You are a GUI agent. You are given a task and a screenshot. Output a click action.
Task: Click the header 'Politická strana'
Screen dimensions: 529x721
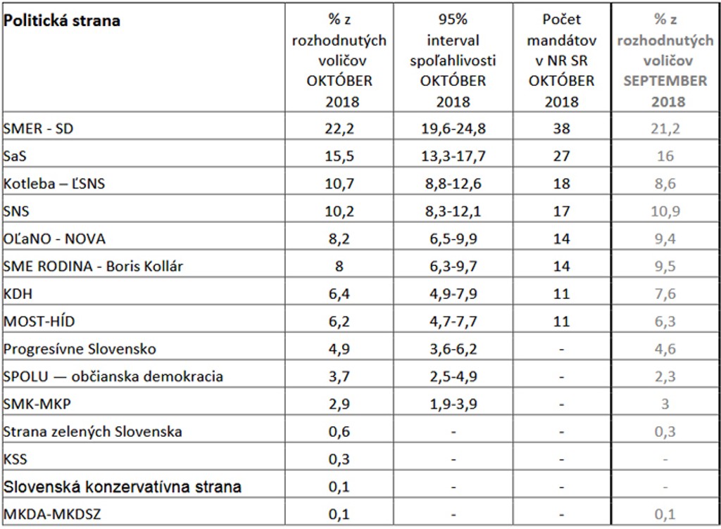point(62,20)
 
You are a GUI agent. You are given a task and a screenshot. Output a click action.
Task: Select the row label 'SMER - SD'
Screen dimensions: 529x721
point(39,129)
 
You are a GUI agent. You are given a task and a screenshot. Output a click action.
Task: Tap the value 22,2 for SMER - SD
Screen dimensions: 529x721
point(339,129)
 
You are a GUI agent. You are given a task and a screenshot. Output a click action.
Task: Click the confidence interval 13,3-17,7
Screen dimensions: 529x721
point(453,157)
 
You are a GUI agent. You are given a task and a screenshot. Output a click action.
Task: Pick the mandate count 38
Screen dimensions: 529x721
point(561,129)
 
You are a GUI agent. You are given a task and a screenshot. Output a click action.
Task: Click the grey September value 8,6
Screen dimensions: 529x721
point(665,184)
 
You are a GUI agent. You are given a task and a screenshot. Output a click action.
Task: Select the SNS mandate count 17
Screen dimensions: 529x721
point(561,212)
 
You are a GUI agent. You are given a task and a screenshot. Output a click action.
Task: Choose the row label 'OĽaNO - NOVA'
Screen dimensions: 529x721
point(54,239)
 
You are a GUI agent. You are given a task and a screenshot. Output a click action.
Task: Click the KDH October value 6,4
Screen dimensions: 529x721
point(339,294)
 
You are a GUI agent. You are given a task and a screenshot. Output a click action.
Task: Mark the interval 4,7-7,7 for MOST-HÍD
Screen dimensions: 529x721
point(453,321)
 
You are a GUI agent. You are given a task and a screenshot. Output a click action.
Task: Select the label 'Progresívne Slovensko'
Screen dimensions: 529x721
point(80,349)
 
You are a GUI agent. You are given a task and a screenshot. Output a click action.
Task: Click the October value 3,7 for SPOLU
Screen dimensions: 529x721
point(339,376)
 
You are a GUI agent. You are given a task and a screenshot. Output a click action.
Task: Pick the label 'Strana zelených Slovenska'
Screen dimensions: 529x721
point(93,431)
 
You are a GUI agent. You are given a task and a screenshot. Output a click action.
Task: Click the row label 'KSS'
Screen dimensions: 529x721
point(15,459)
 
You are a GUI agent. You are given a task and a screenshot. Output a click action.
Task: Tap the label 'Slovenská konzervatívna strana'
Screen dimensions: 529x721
point(123,486)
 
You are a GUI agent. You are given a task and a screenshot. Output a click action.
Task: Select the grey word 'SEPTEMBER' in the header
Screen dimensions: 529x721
point(665,81)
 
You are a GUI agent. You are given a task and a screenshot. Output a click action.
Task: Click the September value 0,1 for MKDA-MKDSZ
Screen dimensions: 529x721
point(665,514)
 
